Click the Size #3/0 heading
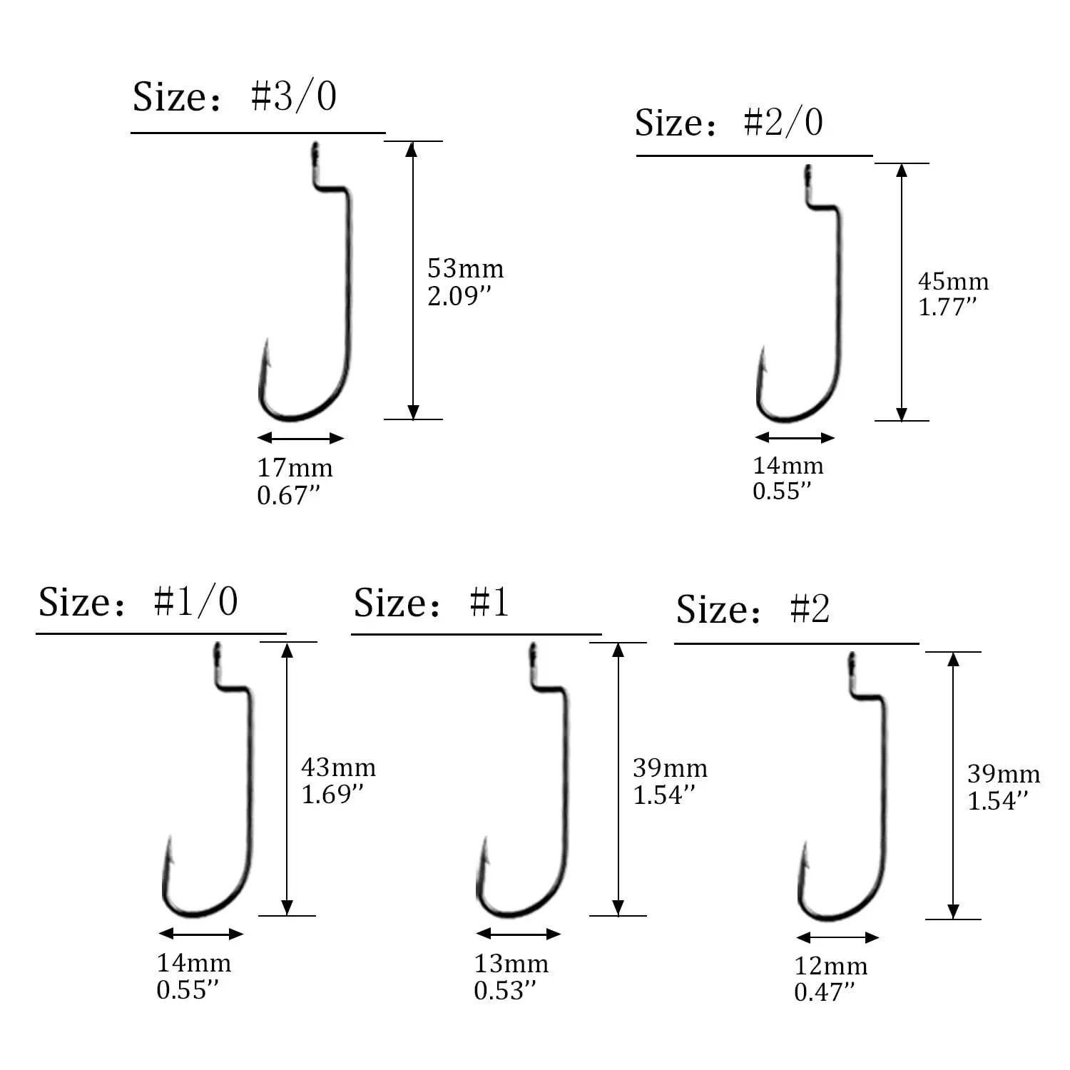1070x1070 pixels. click(x=235, y=96)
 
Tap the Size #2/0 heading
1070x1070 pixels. click(x=729, y=122)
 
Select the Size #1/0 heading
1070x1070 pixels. click(x=138, y=601)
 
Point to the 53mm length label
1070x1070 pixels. click(x=465, y=269)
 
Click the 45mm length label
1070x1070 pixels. click(x=953, y=281)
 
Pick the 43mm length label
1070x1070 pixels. click(x=338, y=768)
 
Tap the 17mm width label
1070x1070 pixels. click(x=295, y=468)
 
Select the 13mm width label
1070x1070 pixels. click(x=511, y=964)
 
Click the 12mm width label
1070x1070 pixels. click(x=831, y=966)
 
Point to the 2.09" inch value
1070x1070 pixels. click(x=460, y=296)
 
